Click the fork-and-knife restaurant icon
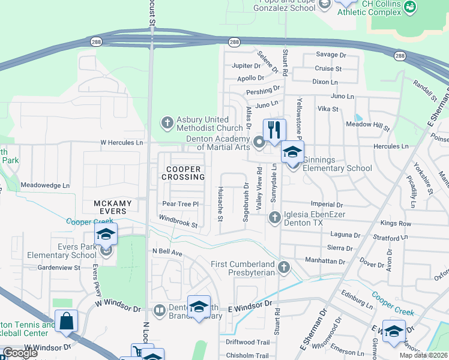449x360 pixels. [274, 130]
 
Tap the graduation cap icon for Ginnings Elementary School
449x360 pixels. [292, 152]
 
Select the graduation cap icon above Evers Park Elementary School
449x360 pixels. [106, 234]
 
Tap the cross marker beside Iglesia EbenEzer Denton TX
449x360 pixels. [274, 217]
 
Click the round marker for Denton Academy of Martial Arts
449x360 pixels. [259, 143]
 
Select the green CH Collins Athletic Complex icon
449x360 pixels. [411, 7]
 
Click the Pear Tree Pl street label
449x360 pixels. [180, 204]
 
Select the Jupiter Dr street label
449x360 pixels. [246, 65]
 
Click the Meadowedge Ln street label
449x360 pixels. [45, 185]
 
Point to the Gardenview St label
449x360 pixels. [59, 268]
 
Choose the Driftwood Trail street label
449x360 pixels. [247, 342]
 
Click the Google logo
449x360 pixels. [20, 353]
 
